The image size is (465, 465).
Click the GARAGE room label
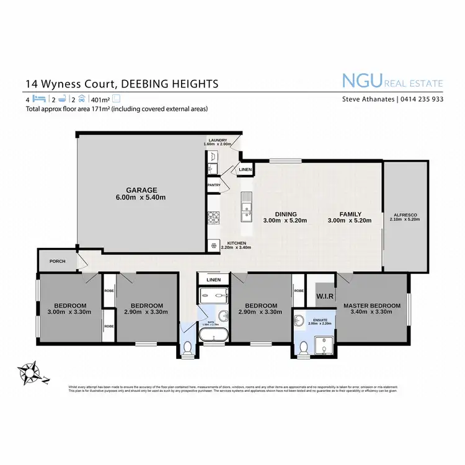(x=143, y=190)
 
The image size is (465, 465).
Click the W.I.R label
(x=325, y=296)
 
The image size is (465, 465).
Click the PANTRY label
(x=215, y=185)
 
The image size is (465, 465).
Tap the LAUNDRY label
(x=218, y=140)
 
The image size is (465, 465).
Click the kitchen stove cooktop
(x=213, y=218)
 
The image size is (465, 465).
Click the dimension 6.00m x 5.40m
(x=143, y=198)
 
